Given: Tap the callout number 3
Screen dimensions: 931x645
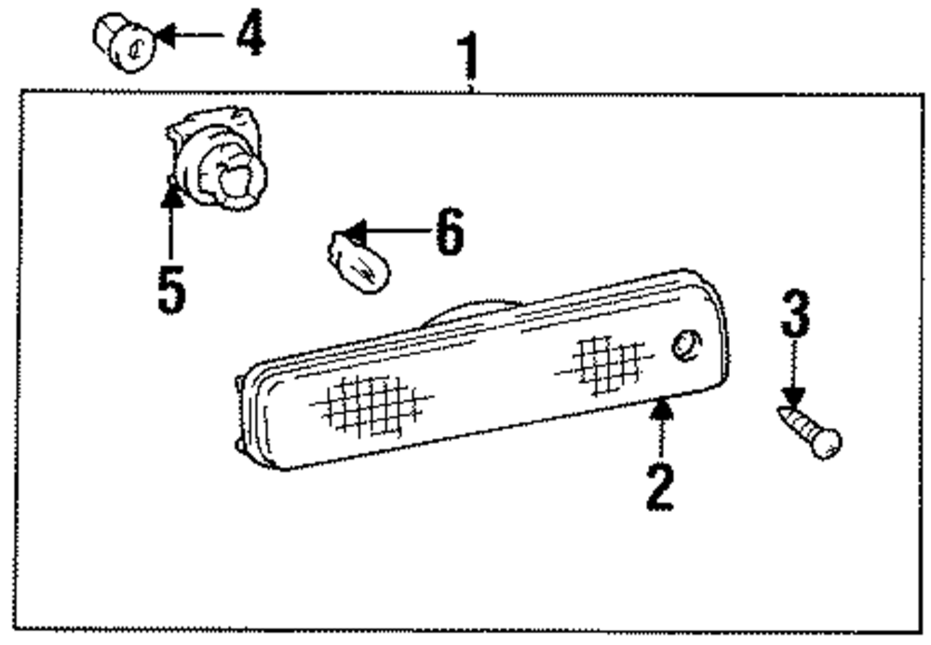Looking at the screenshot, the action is pyautogui.click(x=794, y=315).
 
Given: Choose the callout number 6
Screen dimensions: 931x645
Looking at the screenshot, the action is pyautogui.click(x=448, y=230).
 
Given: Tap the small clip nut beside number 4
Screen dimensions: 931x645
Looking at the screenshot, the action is pyautogui.click(x=122, y=41).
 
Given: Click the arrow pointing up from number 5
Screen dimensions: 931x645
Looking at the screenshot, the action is pyautogui.click(x=171, y=223).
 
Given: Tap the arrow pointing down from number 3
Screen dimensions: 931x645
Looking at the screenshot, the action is pyautogui.click(x=793, y=373).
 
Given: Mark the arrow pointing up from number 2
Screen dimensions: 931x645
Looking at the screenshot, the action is pyautogui.click(x=661, y=430).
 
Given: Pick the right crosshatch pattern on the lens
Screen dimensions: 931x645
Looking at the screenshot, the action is pyautogui.click(x=603, y=362).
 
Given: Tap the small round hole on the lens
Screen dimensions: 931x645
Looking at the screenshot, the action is pyautogui.click(x=683, y=344).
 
